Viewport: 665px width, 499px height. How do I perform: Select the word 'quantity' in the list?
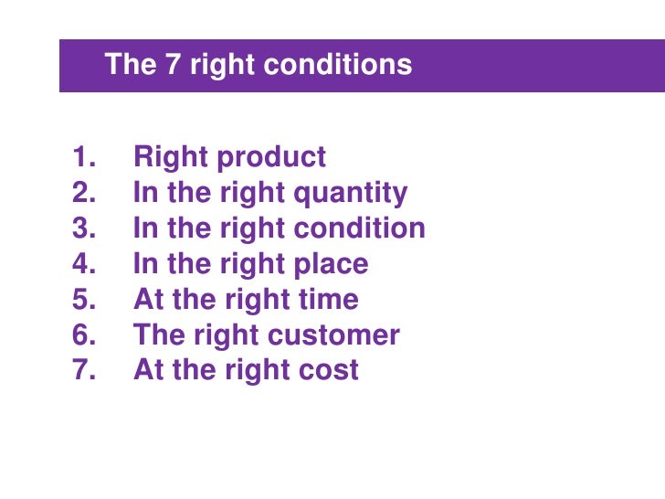(x=352, y=194)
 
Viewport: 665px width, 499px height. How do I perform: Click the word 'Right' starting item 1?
(x=170, y=157)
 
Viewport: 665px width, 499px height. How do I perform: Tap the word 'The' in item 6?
(x=159, y=335)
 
